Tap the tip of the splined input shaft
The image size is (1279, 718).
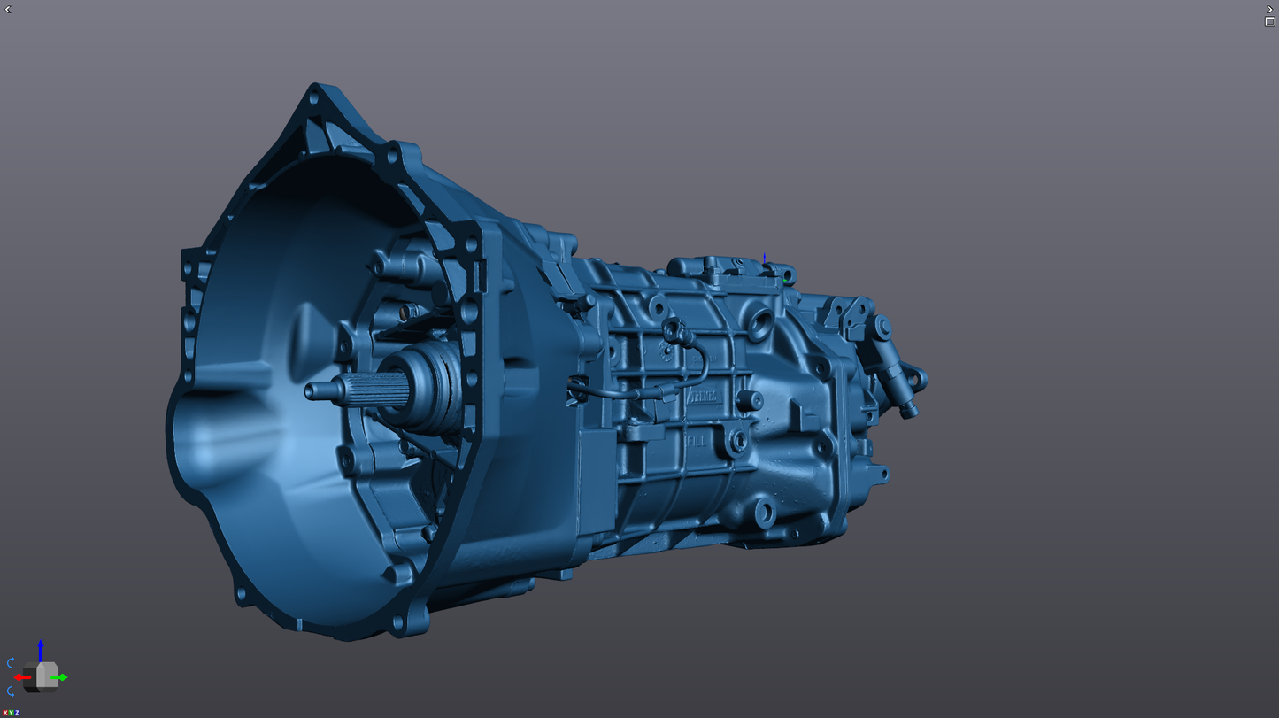(311, 390)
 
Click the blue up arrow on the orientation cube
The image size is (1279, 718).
(41, 648)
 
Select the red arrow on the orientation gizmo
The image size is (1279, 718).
(21, 677)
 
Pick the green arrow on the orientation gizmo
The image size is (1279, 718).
(61, 677)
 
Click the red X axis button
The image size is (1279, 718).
(4, 713)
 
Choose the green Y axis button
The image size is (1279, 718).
(11, 713)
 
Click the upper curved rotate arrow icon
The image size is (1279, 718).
(11, 662)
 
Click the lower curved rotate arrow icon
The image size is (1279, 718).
(11, 692)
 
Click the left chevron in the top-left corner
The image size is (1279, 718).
(8, 10)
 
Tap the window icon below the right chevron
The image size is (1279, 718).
(1269, 22)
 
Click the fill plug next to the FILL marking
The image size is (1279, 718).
(737, 440)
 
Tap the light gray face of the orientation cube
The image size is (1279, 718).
(47, 675)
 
